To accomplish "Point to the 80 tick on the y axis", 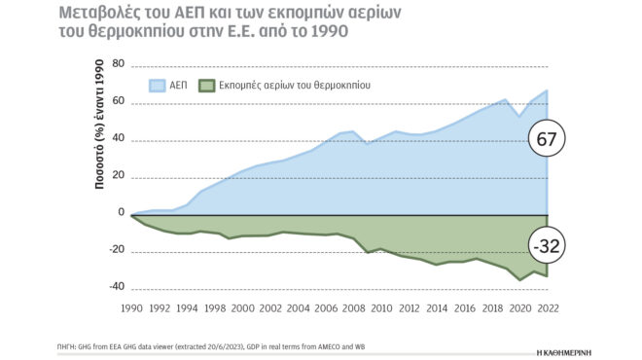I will point(120,64).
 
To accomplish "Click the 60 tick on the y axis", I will point(120,101).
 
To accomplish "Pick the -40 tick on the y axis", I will point(118,287).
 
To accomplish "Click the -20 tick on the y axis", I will point(118,250).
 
